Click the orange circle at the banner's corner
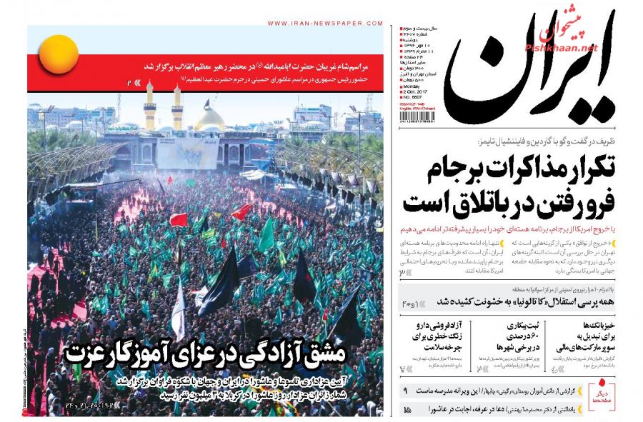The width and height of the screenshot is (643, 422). [x=59, y=54]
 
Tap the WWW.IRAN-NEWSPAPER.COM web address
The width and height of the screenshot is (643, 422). [x=324, y=23]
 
